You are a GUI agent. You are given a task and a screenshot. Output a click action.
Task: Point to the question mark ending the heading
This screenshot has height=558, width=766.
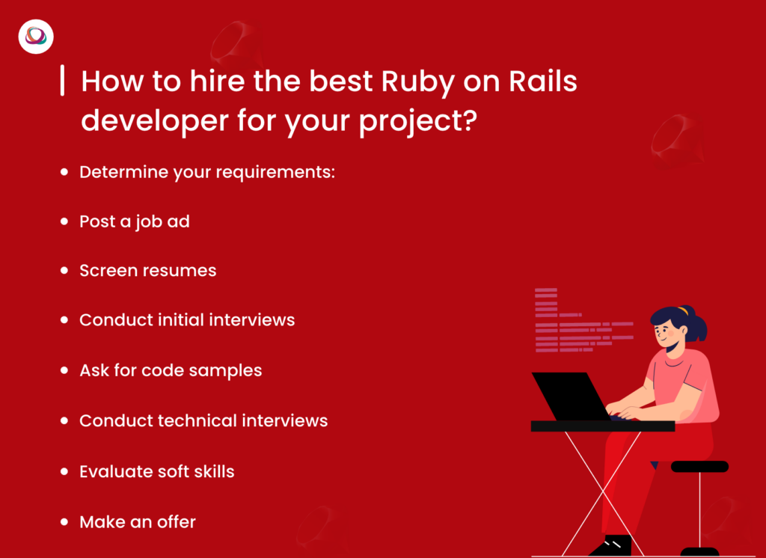(x=467, y=120)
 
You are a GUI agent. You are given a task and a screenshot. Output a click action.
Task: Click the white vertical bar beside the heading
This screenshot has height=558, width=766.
(x=61, y=81)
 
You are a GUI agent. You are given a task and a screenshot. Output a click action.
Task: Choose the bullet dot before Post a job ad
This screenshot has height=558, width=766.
(x=64, y=222)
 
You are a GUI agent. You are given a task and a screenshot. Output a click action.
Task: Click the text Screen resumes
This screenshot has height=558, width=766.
(x=147, y=271)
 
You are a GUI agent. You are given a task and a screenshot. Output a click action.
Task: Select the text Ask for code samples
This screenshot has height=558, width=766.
(x=171, y=370)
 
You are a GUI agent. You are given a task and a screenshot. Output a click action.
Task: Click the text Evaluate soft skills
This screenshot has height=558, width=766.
(x=156, y=471)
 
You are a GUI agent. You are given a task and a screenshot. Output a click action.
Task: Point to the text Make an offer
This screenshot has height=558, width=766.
(x=137, y=521)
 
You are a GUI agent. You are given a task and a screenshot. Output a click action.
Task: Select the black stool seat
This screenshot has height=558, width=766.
(x=699, y=467)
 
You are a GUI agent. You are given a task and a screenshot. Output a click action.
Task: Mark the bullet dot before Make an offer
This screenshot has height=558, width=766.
(x=64, y=521)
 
